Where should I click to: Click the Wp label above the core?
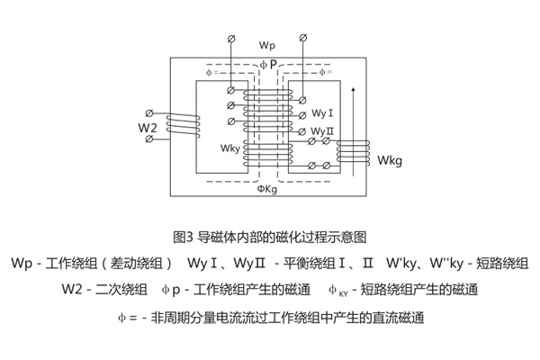268,44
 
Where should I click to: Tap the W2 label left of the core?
148,129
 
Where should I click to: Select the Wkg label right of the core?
390,161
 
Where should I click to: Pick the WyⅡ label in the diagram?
323,130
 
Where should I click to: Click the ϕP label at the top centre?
268,65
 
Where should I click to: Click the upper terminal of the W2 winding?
149,114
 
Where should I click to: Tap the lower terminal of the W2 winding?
149,140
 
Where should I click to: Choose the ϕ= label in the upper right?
325,72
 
